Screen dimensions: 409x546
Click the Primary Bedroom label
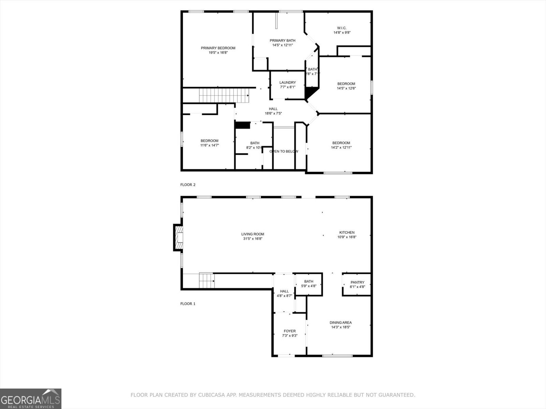(x=218, y=48)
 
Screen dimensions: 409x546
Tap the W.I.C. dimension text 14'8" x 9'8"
(x=342, y=33)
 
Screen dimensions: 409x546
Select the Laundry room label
(x=287, y=82)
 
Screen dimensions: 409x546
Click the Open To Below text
(x=284, y=151)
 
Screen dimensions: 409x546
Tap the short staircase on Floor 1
(x=206, y=281)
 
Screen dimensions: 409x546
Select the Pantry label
(x=357, y=282)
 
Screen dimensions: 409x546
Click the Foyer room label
(x=290, y=331)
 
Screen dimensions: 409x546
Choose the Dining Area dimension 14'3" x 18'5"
(x=341, y=327)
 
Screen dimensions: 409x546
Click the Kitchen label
(x=347, y=232)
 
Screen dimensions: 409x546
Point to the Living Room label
(x=253, y=234)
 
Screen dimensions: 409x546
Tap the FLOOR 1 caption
(x=188, y=304)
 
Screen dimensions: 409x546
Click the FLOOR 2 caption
(x=188, y=185)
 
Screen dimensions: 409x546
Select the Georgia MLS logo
(x=31, y=398)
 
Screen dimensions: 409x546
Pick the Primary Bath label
(x=283, y=41)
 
